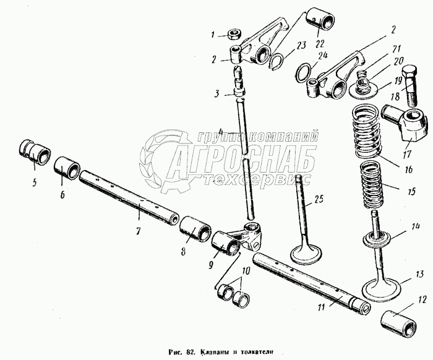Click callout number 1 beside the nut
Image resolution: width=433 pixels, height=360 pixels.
212,35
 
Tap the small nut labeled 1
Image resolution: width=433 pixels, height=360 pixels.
235,34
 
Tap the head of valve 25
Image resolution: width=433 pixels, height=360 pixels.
307,254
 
